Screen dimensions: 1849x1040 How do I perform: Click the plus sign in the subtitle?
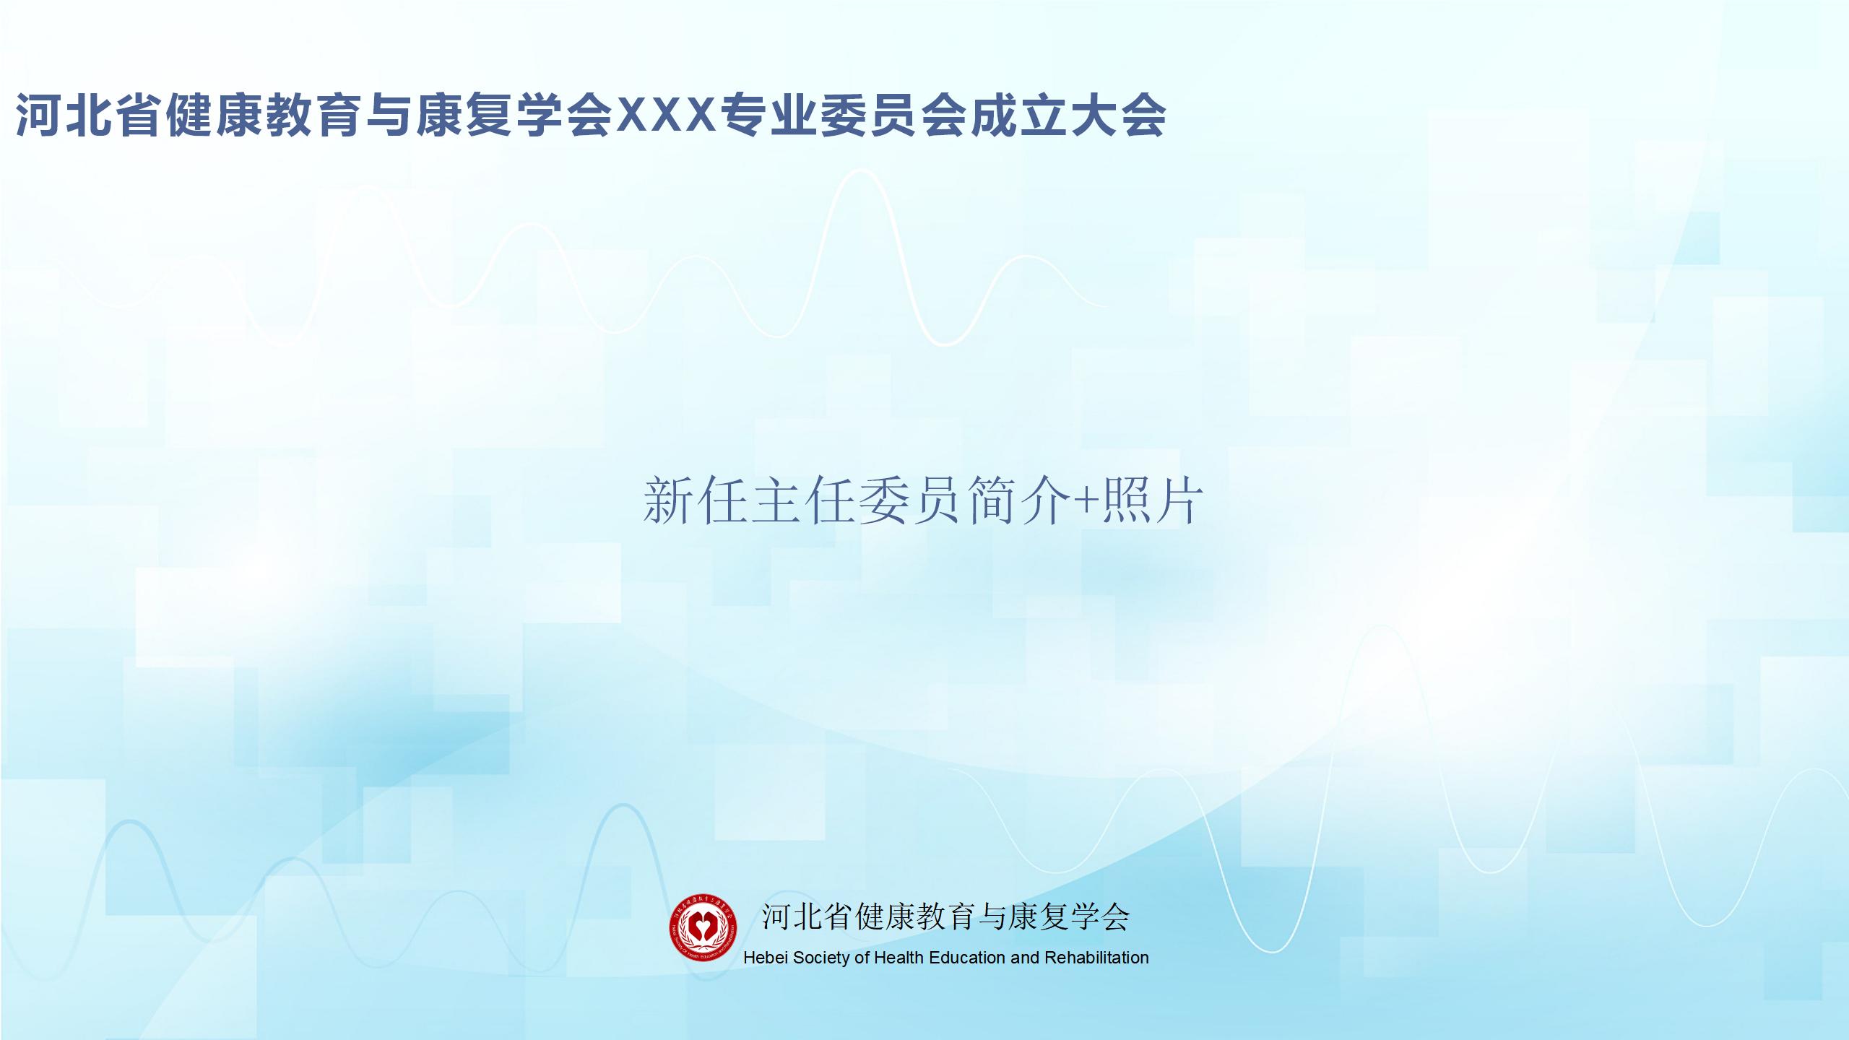(1084, 501)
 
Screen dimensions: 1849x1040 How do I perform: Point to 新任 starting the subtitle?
(695, 500)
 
